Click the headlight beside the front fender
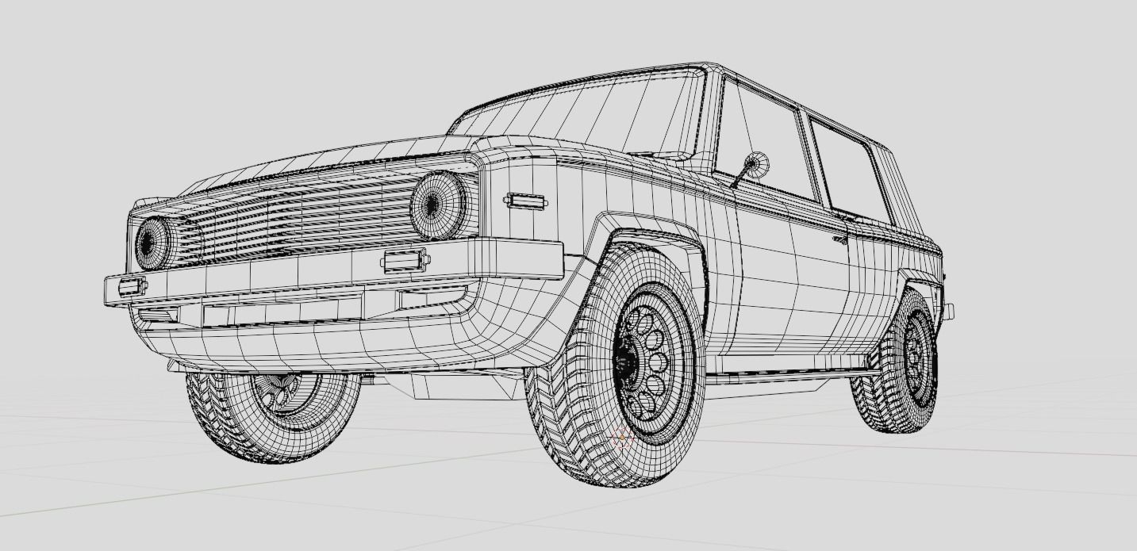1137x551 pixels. pos(437,205)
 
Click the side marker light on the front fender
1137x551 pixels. pos(524,201)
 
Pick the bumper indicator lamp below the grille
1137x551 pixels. pos(405,260)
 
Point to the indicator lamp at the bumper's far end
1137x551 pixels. pos(131,286)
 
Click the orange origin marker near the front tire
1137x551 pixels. pos(620,438)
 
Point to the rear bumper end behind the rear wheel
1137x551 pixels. pos(947,311)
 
